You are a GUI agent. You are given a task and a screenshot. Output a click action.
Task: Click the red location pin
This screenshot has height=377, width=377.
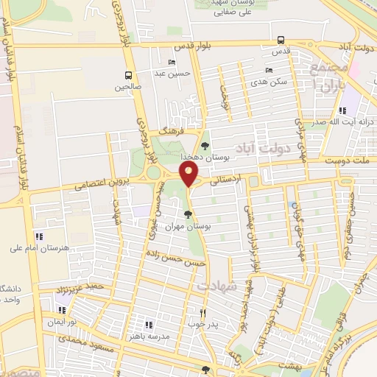(189, 175)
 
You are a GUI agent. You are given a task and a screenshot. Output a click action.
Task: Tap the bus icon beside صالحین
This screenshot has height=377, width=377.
(129, 75)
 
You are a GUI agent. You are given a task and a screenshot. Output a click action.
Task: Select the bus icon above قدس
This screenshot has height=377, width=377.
(281, 40)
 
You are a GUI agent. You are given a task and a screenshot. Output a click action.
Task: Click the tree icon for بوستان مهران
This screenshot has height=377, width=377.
(189, 214)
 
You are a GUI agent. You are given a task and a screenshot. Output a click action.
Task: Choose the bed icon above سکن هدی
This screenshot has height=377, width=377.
(268, 71)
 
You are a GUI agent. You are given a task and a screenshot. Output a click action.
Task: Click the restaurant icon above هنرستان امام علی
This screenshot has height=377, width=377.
(38, 236)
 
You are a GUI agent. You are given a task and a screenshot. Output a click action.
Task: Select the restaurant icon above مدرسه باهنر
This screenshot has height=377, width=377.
(149, 324)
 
